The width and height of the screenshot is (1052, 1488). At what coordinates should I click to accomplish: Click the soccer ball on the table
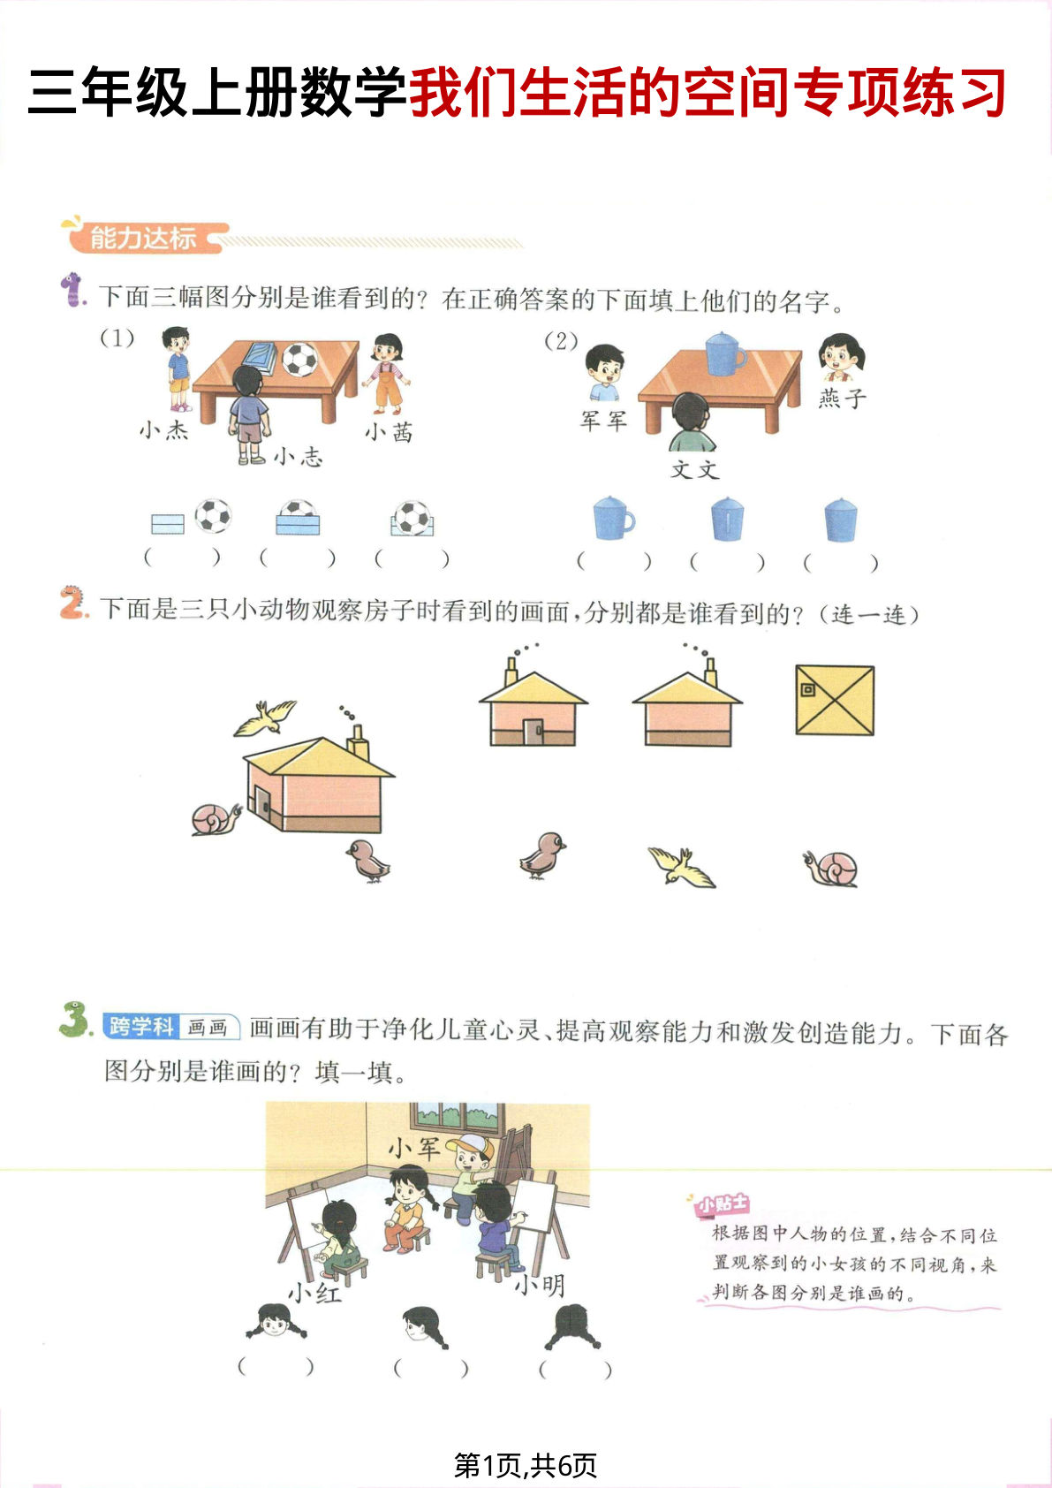[x=300, y=360]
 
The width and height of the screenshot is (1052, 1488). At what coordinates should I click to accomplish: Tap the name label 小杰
[x=164, y=430]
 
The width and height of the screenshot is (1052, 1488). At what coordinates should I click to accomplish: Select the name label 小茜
[x=390, y=432]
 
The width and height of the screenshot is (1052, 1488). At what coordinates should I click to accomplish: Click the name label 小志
[x=298, y=456]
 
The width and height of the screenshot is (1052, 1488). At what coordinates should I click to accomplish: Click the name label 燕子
[x=841, y=399]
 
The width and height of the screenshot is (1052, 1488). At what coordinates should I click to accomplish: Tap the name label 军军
[x=603, y=421]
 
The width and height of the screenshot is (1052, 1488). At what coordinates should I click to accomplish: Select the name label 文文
[x=695, y=469]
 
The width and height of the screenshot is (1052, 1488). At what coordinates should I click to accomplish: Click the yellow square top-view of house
[x=835, y=701]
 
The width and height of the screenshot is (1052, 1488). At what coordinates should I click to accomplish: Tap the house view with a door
[x=534, y=710]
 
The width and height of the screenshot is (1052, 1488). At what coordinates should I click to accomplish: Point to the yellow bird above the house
[x=264, y=717]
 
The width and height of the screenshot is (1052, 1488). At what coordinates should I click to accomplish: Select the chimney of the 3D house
[x=358, y=742]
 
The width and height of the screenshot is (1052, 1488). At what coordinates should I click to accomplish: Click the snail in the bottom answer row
[x=831, y=868]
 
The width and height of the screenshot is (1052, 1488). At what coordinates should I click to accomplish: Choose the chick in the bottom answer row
[x=541, y=854]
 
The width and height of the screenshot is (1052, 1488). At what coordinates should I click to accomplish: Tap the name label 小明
[x=540, y=1285]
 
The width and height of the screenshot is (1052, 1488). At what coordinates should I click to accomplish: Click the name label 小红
[x=314, y=1293]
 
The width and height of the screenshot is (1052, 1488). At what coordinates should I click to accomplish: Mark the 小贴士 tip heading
[x=722, y=1204]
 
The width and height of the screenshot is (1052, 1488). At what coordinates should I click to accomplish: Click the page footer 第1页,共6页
[x=526, y=1465]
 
